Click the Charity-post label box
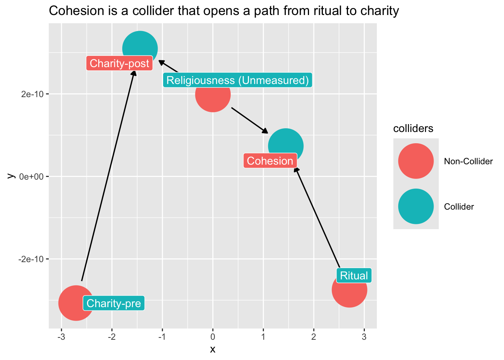[120, 63]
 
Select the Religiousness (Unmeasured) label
[237, 80]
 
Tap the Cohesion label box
[270, 161]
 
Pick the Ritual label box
[354, 276]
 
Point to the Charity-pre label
[114, 303]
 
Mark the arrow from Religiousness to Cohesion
[249, 120]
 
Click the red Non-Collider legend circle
[416, 161]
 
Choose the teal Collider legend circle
[416, 206]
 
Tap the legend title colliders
[413, 129]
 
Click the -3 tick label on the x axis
[61, 336]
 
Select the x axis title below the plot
[213, 349]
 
